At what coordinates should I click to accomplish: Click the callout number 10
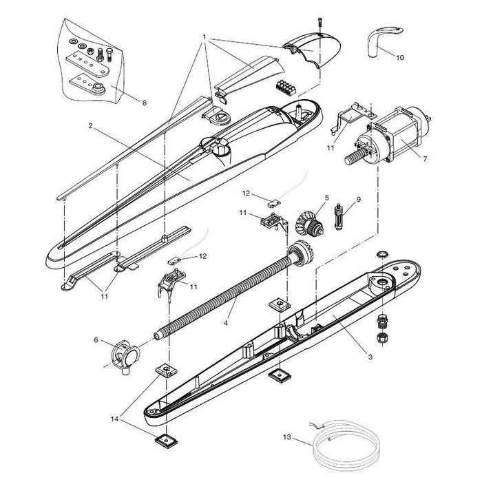(x=400, y=58)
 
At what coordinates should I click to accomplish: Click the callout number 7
(x=425, y=159)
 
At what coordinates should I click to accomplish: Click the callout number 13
(x=287, y=437)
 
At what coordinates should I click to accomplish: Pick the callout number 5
(x=327, y=198)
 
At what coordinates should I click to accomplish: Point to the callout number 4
(x=225, y=322)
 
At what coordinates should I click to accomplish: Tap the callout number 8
(x=144, y=103)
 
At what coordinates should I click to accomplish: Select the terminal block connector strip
(x=285, y=87)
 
